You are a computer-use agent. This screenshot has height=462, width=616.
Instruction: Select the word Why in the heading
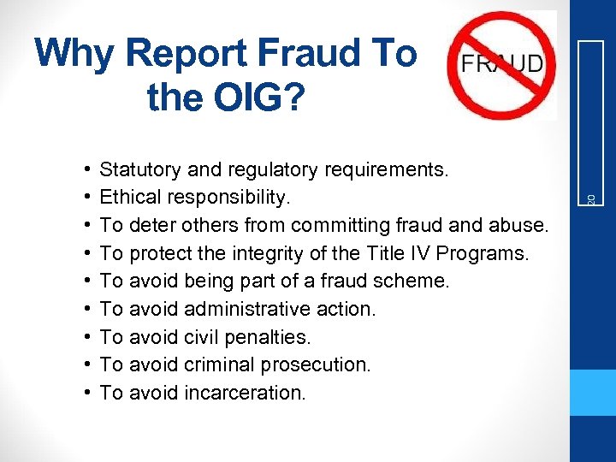74,54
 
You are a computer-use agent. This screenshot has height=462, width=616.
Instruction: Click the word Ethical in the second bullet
129,198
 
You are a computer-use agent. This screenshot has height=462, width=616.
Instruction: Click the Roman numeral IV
410,253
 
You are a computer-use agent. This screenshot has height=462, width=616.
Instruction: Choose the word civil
201,336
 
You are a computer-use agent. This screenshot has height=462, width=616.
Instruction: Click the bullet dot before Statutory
89,169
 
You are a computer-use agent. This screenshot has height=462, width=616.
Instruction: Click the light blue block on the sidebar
593,393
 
